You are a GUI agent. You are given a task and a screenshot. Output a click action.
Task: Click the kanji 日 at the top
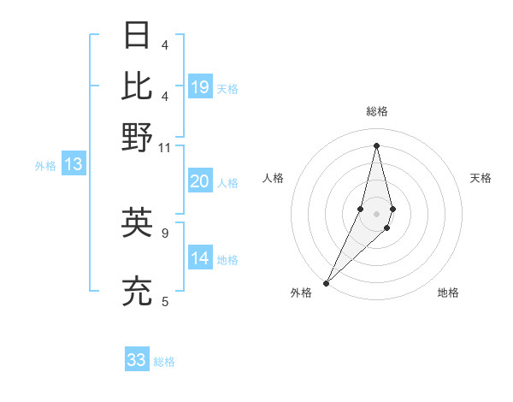138,36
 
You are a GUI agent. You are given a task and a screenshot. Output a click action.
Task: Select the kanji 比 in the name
138,86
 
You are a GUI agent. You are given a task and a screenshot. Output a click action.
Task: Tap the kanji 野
138,137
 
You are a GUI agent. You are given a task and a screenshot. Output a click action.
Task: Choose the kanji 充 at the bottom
138,292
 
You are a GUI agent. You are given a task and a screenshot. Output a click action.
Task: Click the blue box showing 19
200,87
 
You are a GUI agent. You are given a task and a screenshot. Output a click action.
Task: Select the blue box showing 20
200,181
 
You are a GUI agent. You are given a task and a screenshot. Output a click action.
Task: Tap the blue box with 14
200,258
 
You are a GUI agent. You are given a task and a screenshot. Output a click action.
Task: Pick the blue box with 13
74,164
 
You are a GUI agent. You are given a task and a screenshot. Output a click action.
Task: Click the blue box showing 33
137,360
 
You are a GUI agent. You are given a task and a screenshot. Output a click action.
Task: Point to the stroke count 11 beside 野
164,147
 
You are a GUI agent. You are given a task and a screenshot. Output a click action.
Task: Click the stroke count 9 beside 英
164,231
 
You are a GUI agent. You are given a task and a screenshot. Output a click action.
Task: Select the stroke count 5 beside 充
164,300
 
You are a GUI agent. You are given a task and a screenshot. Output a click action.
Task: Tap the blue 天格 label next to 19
227,89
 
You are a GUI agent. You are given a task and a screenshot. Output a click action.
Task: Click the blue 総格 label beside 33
164,362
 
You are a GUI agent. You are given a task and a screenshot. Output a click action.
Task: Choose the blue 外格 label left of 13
45,166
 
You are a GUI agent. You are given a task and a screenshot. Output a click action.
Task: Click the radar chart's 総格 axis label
377,111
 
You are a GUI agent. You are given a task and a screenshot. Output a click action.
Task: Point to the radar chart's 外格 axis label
301,293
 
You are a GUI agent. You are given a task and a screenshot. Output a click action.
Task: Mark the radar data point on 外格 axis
327,283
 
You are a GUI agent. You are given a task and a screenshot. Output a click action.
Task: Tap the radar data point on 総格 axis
377,145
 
